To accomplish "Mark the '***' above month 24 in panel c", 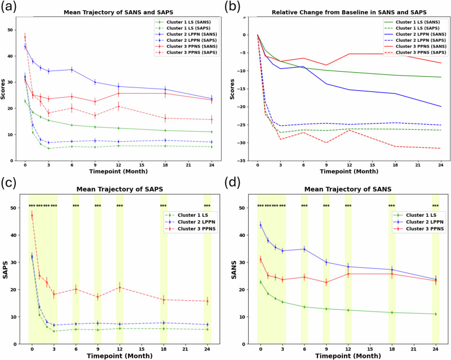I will coord(207,206).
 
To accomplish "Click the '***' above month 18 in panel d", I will coord(392,206).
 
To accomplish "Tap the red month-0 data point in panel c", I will coord(32,215).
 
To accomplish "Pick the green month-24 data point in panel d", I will coord(435,314).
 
